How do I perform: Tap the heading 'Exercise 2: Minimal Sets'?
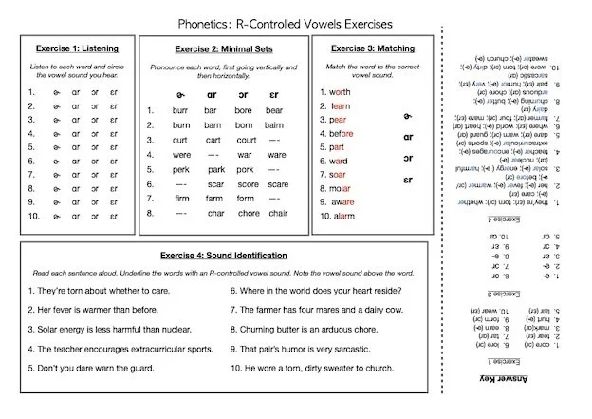point(223,48)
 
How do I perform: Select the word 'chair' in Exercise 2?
point(277,214)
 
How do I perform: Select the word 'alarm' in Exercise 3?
point(342,217)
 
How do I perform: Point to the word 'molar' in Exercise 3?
point(342,188)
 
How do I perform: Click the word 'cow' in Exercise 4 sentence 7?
point(415,309)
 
